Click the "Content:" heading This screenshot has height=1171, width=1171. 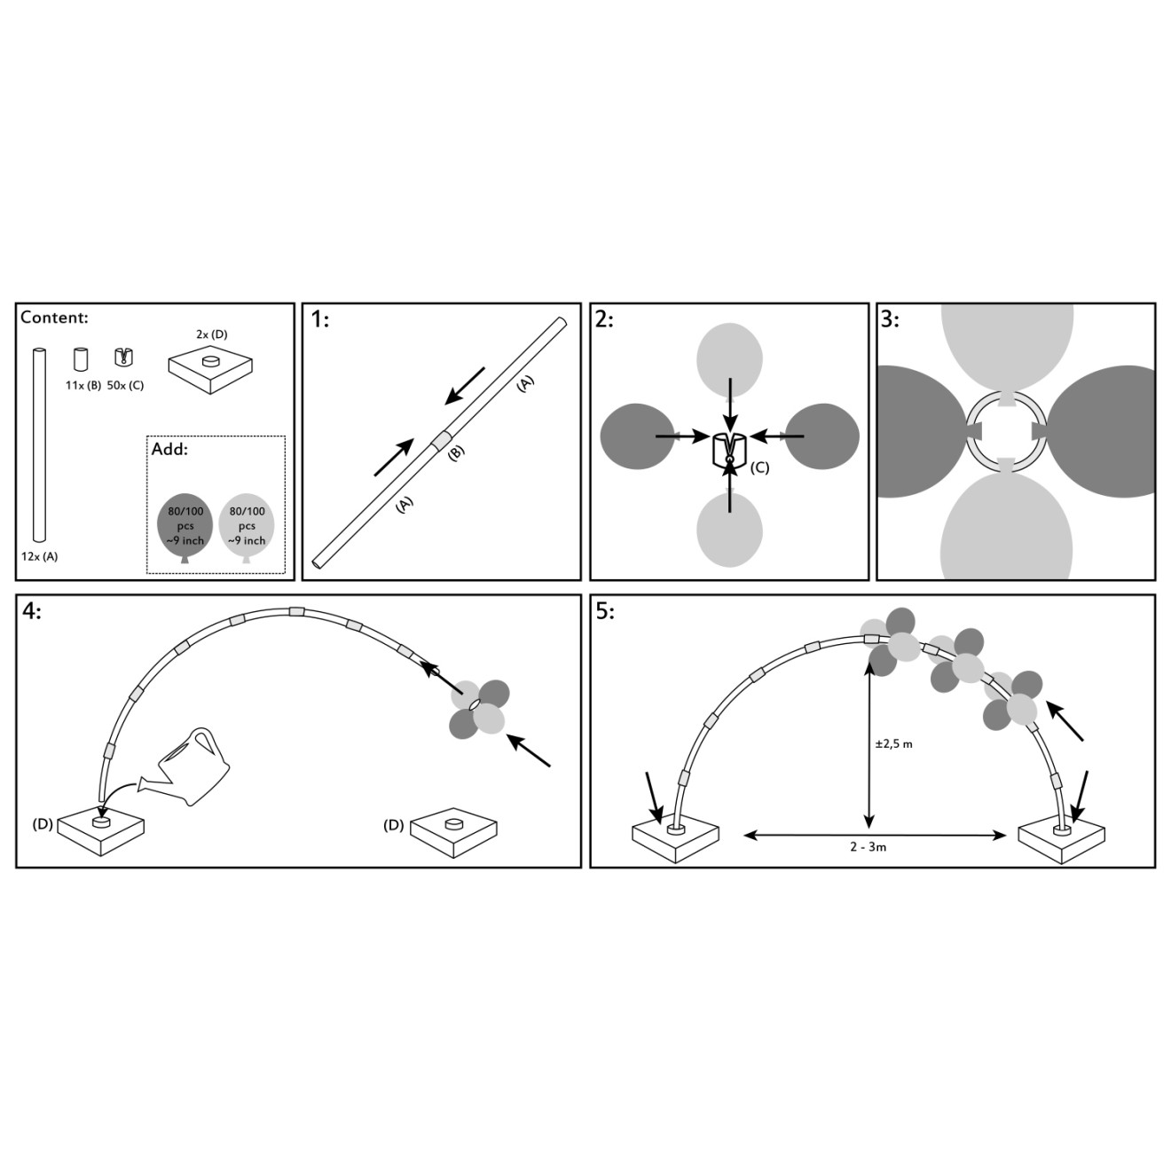[x=55, y=318]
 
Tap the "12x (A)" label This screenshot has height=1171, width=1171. [x=40, y=556]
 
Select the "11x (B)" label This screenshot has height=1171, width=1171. [x=83, y=386]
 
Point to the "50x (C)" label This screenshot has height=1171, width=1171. [x=125, y=386]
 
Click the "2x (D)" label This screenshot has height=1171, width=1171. [x=211, y=334]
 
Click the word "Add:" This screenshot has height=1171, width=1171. [x=169, y=451]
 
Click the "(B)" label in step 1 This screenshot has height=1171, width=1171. [x=456, y=452]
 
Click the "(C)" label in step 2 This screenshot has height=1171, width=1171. [x=759, y=468]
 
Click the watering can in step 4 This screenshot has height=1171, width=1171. [x=185, y=767]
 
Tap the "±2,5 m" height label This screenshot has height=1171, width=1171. [x=894, y=744]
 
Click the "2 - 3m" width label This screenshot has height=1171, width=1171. [x=868, y=847]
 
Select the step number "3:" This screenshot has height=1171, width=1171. [x=891, y=319]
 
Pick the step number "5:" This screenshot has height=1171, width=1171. [x=605, y=611]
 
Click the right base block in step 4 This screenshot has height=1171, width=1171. [x=453, y=832]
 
